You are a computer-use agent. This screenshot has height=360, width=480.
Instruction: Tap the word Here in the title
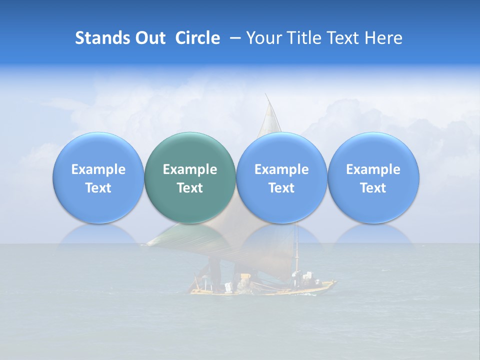coord(383,38)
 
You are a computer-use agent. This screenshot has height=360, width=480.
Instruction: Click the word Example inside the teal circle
coord(190,169)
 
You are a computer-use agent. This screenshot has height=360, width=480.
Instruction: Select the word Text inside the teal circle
coord(190,188)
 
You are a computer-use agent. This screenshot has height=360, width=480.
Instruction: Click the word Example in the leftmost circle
coord(98,169)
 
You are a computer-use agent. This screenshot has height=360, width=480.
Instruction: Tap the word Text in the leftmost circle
coord(98,188)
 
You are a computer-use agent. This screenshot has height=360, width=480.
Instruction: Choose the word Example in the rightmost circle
coord(373,169)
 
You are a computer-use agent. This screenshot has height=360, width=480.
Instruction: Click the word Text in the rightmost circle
coord(373,188)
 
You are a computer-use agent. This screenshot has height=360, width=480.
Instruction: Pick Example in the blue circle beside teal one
coord(281,169)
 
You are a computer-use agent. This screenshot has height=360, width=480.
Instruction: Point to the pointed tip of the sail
coord(266,95)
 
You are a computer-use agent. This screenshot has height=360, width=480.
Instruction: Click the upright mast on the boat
coord(297,250)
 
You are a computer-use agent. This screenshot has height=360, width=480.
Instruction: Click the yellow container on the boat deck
coord(245,276)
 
